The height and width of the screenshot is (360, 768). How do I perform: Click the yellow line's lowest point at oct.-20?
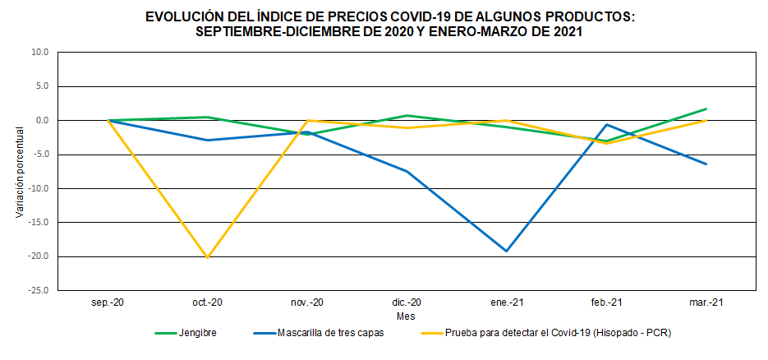coord(207,257)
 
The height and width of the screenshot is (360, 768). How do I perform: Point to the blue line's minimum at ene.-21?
coord(507,251)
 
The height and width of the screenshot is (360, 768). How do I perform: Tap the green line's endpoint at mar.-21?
coord(706,108)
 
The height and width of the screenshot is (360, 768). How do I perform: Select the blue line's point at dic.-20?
coord(407,171)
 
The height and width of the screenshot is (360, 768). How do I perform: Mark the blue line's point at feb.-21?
coord(606,125)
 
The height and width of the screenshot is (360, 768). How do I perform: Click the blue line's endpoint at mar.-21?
coord(706,164)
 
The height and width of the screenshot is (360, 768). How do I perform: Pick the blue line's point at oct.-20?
coord(207,140)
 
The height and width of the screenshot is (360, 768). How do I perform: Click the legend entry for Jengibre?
coord(195,333)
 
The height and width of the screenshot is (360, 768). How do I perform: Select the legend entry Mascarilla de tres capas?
coord(331,333)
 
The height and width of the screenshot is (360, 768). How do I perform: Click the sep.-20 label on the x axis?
coord(108,302)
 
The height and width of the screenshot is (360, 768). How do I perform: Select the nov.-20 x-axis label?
coord(307,302)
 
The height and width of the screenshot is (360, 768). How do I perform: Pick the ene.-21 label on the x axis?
coord(507,302)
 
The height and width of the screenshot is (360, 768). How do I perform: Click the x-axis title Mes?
coord(406,316)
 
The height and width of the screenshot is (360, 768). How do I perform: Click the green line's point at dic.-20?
coord(407,116)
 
